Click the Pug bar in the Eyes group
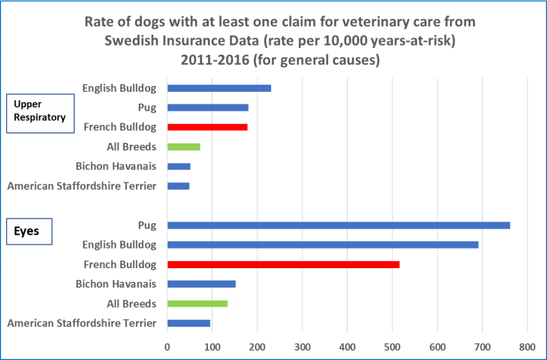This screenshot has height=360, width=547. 339,225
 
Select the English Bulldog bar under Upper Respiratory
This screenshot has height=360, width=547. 219,88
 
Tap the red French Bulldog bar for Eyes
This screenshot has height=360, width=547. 283,265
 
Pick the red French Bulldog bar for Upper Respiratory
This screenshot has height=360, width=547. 207,127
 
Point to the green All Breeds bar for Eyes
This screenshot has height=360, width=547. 197,304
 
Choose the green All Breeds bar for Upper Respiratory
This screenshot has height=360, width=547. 184,147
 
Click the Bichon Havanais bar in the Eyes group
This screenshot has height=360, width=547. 201,284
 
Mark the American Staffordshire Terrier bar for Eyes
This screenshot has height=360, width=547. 189,323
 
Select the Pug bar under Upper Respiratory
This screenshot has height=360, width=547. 208,108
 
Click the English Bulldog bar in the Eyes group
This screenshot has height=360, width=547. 323,245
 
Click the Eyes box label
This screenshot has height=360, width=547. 27,231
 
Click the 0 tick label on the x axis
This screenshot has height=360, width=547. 167,346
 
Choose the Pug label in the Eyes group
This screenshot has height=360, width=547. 148,225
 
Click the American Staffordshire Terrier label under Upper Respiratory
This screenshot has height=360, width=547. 82,187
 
